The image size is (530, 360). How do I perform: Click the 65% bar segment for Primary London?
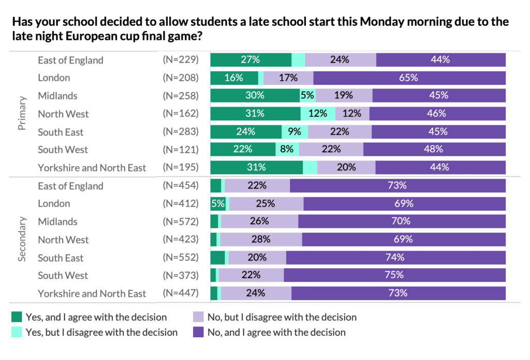pyautogui.click(x=409, y=78)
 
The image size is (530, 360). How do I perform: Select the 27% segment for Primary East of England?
pyautogui.click(x=251, y=60)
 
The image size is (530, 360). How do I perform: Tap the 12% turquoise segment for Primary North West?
pyautogui.click(x=318, y=114)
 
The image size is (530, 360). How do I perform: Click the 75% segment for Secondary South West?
pyautogui.click(x=394, y=276)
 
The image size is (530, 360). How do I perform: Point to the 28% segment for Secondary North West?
pyautogui.click(x=261, y=239)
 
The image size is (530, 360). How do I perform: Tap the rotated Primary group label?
pyautogui.click(x=22, y=113)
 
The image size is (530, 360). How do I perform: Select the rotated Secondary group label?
pyautogui.click(x=22, y=239)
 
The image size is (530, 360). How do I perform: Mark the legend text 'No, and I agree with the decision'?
pyautogui.click(x=276, y=332)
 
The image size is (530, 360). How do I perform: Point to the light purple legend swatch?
pyautogui.click(x=198, y=316)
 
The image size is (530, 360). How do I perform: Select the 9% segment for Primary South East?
pyautogui.click(x=295, y=132)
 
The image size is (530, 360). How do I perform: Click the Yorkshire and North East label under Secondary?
pyautogui.click(x=92, y=294)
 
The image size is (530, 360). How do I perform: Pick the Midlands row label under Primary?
pyautogui.click(x=57, y=96)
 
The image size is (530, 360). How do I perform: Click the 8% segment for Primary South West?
pyautogui.click(x=287, y=150)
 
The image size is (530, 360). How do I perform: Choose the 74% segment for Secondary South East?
pyautogui.click(x=395, y=257)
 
